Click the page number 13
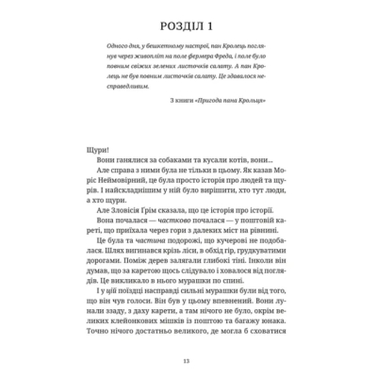click(x=188, y=359)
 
